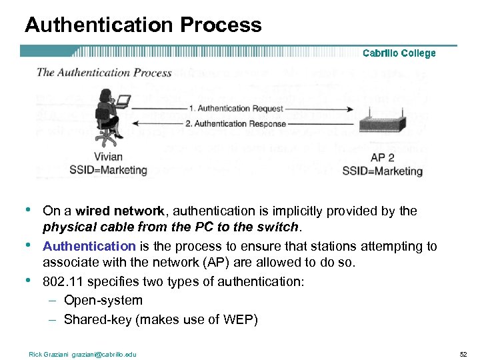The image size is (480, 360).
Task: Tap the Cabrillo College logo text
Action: point(399,53)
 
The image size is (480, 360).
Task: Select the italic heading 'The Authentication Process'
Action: point(105,73)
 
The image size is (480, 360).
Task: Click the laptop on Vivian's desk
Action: point(123,101)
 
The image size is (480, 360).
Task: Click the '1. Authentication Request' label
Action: point(236,109)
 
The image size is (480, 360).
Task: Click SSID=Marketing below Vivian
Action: point(108,170)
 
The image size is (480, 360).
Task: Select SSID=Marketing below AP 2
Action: point(382,171)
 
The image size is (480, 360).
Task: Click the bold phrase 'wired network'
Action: point(120,211)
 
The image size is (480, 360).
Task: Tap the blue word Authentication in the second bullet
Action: point(89,247)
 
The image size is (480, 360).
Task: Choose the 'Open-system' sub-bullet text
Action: point(103,301)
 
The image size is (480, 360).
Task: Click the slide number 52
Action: point(463,354)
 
